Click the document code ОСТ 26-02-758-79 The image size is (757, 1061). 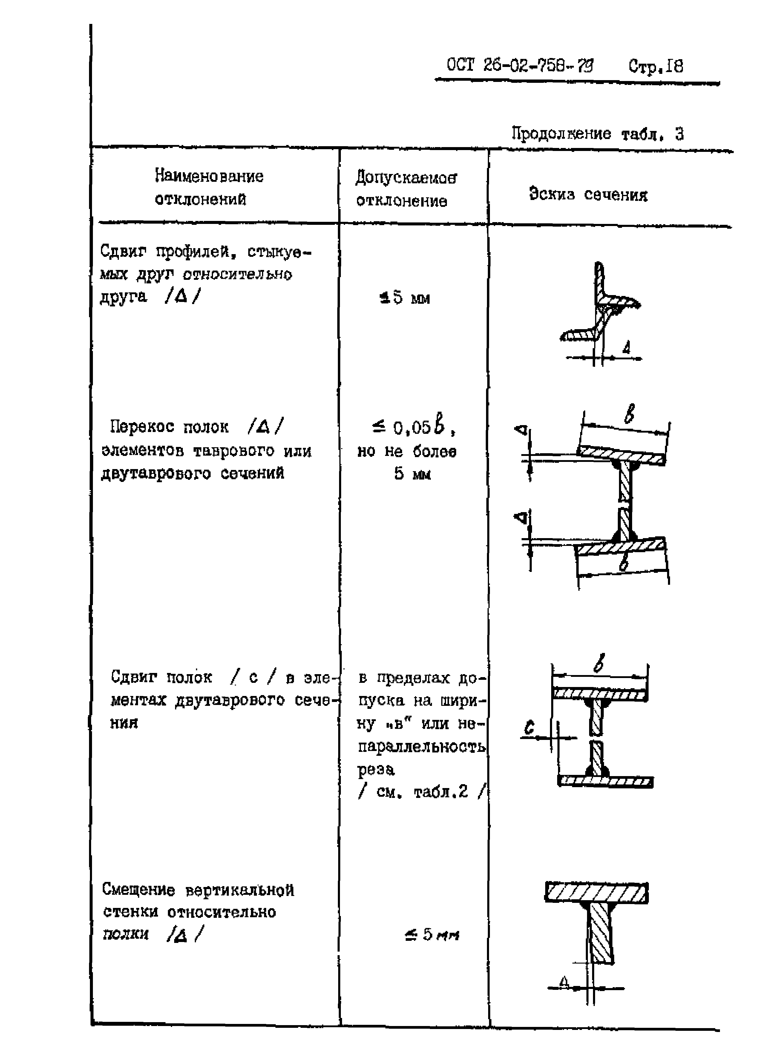pos(520,65)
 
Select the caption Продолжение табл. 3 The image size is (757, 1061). pos(597,134)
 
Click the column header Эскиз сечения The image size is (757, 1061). pos(588,194)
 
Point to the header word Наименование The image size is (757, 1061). pos(209,176)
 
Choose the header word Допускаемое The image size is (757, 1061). pos(406,178)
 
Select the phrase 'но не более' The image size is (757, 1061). pos(407,451)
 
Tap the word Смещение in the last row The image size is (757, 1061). pos(138,890)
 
